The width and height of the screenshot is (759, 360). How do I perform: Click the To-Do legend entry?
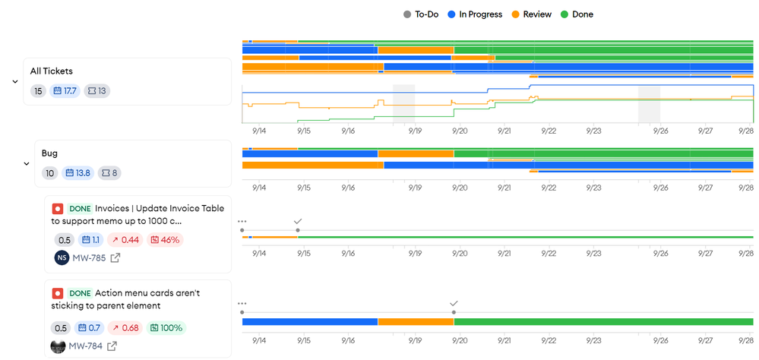(x=422, y=14)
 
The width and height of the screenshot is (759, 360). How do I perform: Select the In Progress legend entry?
(x=475, y=14)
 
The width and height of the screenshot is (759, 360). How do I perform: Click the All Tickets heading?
(x=52, y=71)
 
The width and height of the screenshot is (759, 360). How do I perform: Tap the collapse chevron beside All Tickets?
(x=15, y=81)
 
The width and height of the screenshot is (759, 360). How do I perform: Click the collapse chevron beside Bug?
(x=27, y=163)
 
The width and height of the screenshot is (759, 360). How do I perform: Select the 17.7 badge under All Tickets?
(x=65, y=91)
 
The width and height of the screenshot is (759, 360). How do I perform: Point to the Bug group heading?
(x=49, y=153)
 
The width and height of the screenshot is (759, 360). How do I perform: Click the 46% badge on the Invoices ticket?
(x=165, y=240)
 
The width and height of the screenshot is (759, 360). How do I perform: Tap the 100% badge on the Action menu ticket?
(x=167, y=328)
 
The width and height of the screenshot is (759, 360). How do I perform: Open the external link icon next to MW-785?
(x=115, y=258)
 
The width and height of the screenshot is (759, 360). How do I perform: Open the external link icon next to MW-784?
(x=112, y=346)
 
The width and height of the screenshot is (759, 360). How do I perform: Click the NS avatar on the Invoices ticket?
(x=62, y=257)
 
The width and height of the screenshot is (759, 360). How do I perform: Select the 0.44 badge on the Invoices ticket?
(x=125, y=240)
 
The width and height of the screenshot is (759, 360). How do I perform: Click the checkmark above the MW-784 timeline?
(x=454, y=303)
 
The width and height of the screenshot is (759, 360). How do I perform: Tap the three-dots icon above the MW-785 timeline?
(x=242, y=221)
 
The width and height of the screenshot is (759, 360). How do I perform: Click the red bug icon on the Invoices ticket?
(x=58, y=208)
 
